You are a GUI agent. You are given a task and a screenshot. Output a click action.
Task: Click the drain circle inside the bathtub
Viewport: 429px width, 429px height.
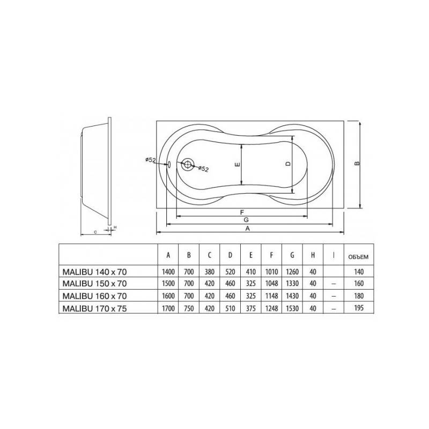(188, 165)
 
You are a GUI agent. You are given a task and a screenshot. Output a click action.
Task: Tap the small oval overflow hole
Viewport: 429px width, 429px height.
(169, 164)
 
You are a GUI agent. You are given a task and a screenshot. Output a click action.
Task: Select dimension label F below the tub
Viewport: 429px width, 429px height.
(242, 212)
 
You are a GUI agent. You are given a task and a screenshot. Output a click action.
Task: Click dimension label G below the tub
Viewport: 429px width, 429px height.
(246, 220)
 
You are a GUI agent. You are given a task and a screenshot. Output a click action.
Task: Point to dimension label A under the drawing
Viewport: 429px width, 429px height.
(248, 228)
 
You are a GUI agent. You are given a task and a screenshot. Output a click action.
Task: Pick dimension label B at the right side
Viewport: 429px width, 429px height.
(357, 164)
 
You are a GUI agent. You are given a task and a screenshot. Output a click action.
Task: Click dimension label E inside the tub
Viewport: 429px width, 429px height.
(238, 165)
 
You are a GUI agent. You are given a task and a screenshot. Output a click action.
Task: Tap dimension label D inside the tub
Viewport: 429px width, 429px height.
(288, 164)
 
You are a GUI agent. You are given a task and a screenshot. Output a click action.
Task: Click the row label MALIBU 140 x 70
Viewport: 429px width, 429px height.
(95, 272)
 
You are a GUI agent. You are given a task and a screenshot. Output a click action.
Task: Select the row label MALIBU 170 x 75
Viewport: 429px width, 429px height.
(95, 308)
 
